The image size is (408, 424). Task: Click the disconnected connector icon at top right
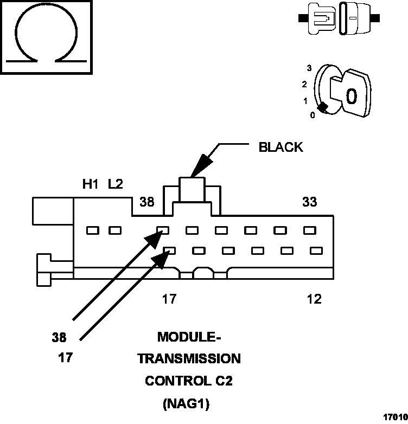point(339,18)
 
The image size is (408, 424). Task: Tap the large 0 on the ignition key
point(352,97)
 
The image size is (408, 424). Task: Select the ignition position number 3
point(309,68)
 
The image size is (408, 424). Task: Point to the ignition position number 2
point(304,85)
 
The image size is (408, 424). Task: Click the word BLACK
point(280,147)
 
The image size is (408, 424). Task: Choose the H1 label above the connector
point(90,184)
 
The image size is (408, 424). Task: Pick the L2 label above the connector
point(115,184)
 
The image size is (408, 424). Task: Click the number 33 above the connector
point(310,202)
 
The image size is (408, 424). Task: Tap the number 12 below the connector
point(314,299)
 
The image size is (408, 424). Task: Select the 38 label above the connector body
point(146,202)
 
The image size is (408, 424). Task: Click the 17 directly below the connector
point(169,299)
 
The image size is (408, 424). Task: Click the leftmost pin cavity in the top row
point(93,230)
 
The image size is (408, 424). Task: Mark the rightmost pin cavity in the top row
point(309,230)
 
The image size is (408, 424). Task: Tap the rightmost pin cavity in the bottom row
point(316,250)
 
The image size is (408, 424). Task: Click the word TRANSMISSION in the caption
point(189,359)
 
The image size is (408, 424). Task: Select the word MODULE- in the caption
point(189,337)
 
